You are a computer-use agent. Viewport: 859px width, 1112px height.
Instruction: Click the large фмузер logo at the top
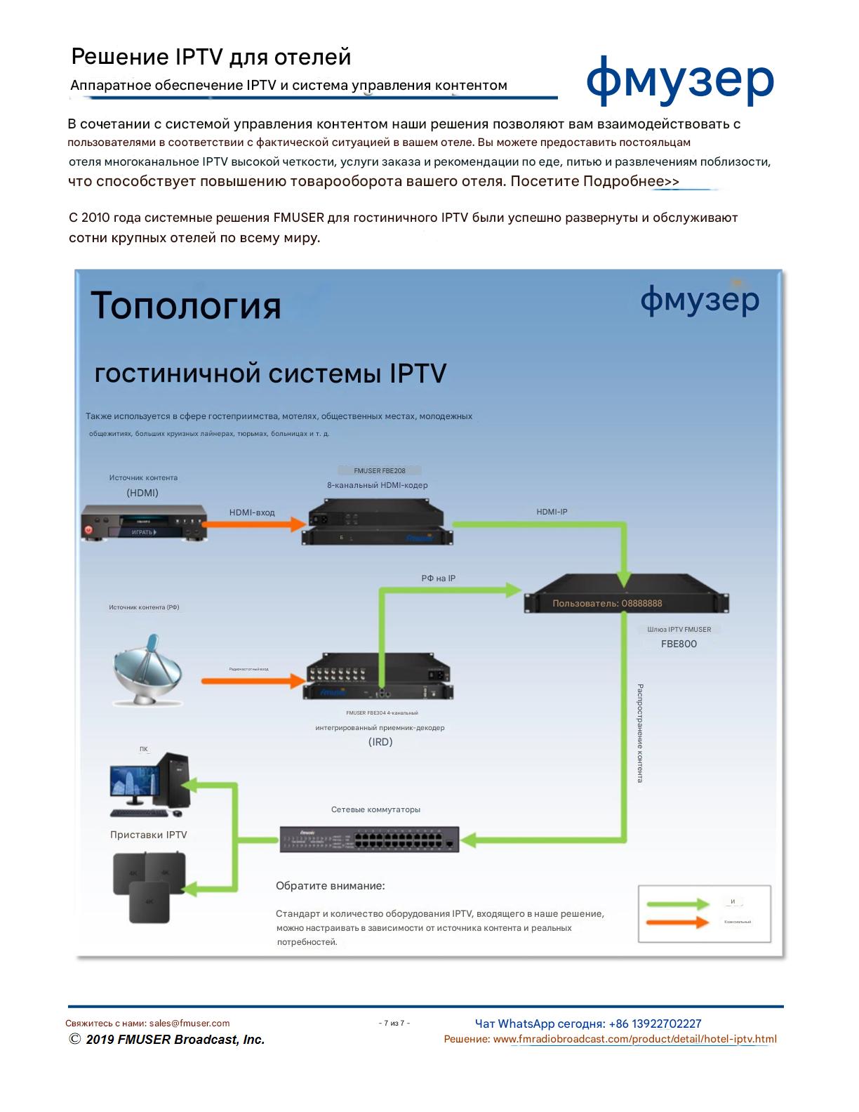[x=679, y=81]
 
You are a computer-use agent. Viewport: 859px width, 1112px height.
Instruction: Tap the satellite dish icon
[x=147, y=670]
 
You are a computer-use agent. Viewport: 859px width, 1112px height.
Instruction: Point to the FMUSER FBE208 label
[x=380, y=471]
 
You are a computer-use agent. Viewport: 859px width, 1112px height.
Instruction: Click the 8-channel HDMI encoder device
[x=378, y=522]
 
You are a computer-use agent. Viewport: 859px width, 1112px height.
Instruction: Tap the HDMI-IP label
[x=552, y=512]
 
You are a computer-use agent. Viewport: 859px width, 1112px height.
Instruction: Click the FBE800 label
[x=679, y=644]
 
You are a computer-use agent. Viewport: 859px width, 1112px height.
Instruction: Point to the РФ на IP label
[x=438, y=578]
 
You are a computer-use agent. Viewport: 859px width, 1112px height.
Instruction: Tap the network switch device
[x=369, y=839]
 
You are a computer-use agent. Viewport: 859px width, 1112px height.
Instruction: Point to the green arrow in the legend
[x=677, y=903]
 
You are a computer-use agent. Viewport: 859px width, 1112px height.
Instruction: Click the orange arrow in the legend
[x=677, y=922]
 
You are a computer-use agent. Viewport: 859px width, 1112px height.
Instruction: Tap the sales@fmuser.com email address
[x=189, y=1024]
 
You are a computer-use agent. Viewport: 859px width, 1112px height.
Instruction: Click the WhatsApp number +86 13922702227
[x=655, y=1024]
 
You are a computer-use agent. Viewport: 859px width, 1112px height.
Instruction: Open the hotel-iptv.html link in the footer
[x=634, y=1040]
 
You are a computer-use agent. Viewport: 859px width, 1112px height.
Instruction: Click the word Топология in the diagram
[x=186, y=306]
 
